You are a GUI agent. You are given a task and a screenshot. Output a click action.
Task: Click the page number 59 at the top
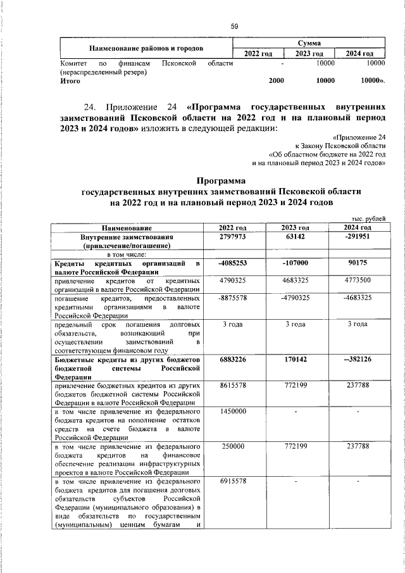coord(235,26)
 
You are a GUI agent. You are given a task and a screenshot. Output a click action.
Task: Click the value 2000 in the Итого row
coord(276,81)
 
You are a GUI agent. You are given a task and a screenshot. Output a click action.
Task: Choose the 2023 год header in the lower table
coord(296,227)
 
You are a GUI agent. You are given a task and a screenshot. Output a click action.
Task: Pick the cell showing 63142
coord(296,236)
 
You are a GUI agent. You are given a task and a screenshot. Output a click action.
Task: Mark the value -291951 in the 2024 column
coord(358,236)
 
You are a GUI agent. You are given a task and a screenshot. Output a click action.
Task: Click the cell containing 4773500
coord(358,280)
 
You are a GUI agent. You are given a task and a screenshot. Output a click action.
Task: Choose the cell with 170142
coord(296,360)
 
